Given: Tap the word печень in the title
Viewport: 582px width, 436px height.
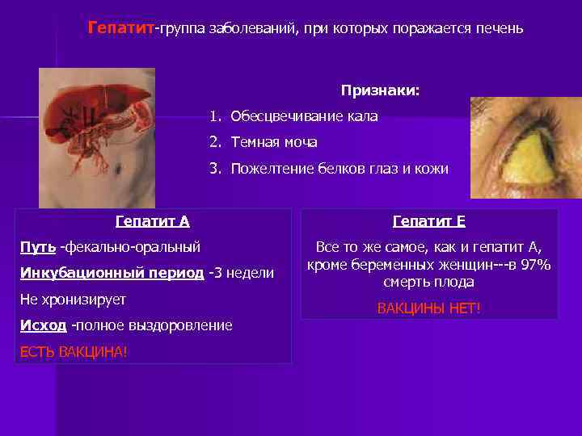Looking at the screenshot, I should click(500, 29).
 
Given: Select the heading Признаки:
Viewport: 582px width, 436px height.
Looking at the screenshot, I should click(380, 90).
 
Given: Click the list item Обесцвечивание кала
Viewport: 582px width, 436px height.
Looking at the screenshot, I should click(304, 116).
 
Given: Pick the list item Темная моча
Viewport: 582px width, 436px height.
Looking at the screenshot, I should click(274, 142).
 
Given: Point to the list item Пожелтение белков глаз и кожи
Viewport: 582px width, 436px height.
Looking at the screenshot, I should click(339, 168).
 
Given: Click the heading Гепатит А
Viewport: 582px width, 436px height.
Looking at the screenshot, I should click(153, 220).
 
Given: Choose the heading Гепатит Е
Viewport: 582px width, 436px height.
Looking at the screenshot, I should click(428, 220).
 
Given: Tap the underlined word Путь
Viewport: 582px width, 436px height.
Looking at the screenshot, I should click(37, 246).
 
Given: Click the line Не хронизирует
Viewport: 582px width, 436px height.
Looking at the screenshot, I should click(73, 299).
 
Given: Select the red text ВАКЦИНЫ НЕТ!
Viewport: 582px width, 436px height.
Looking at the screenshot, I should click(428, 308).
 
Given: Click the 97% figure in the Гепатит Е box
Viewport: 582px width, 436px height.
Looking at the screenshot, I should click(534, 265).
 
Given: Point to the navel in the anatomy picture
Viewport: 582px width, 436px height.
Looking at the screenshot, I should click(119, 169).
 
